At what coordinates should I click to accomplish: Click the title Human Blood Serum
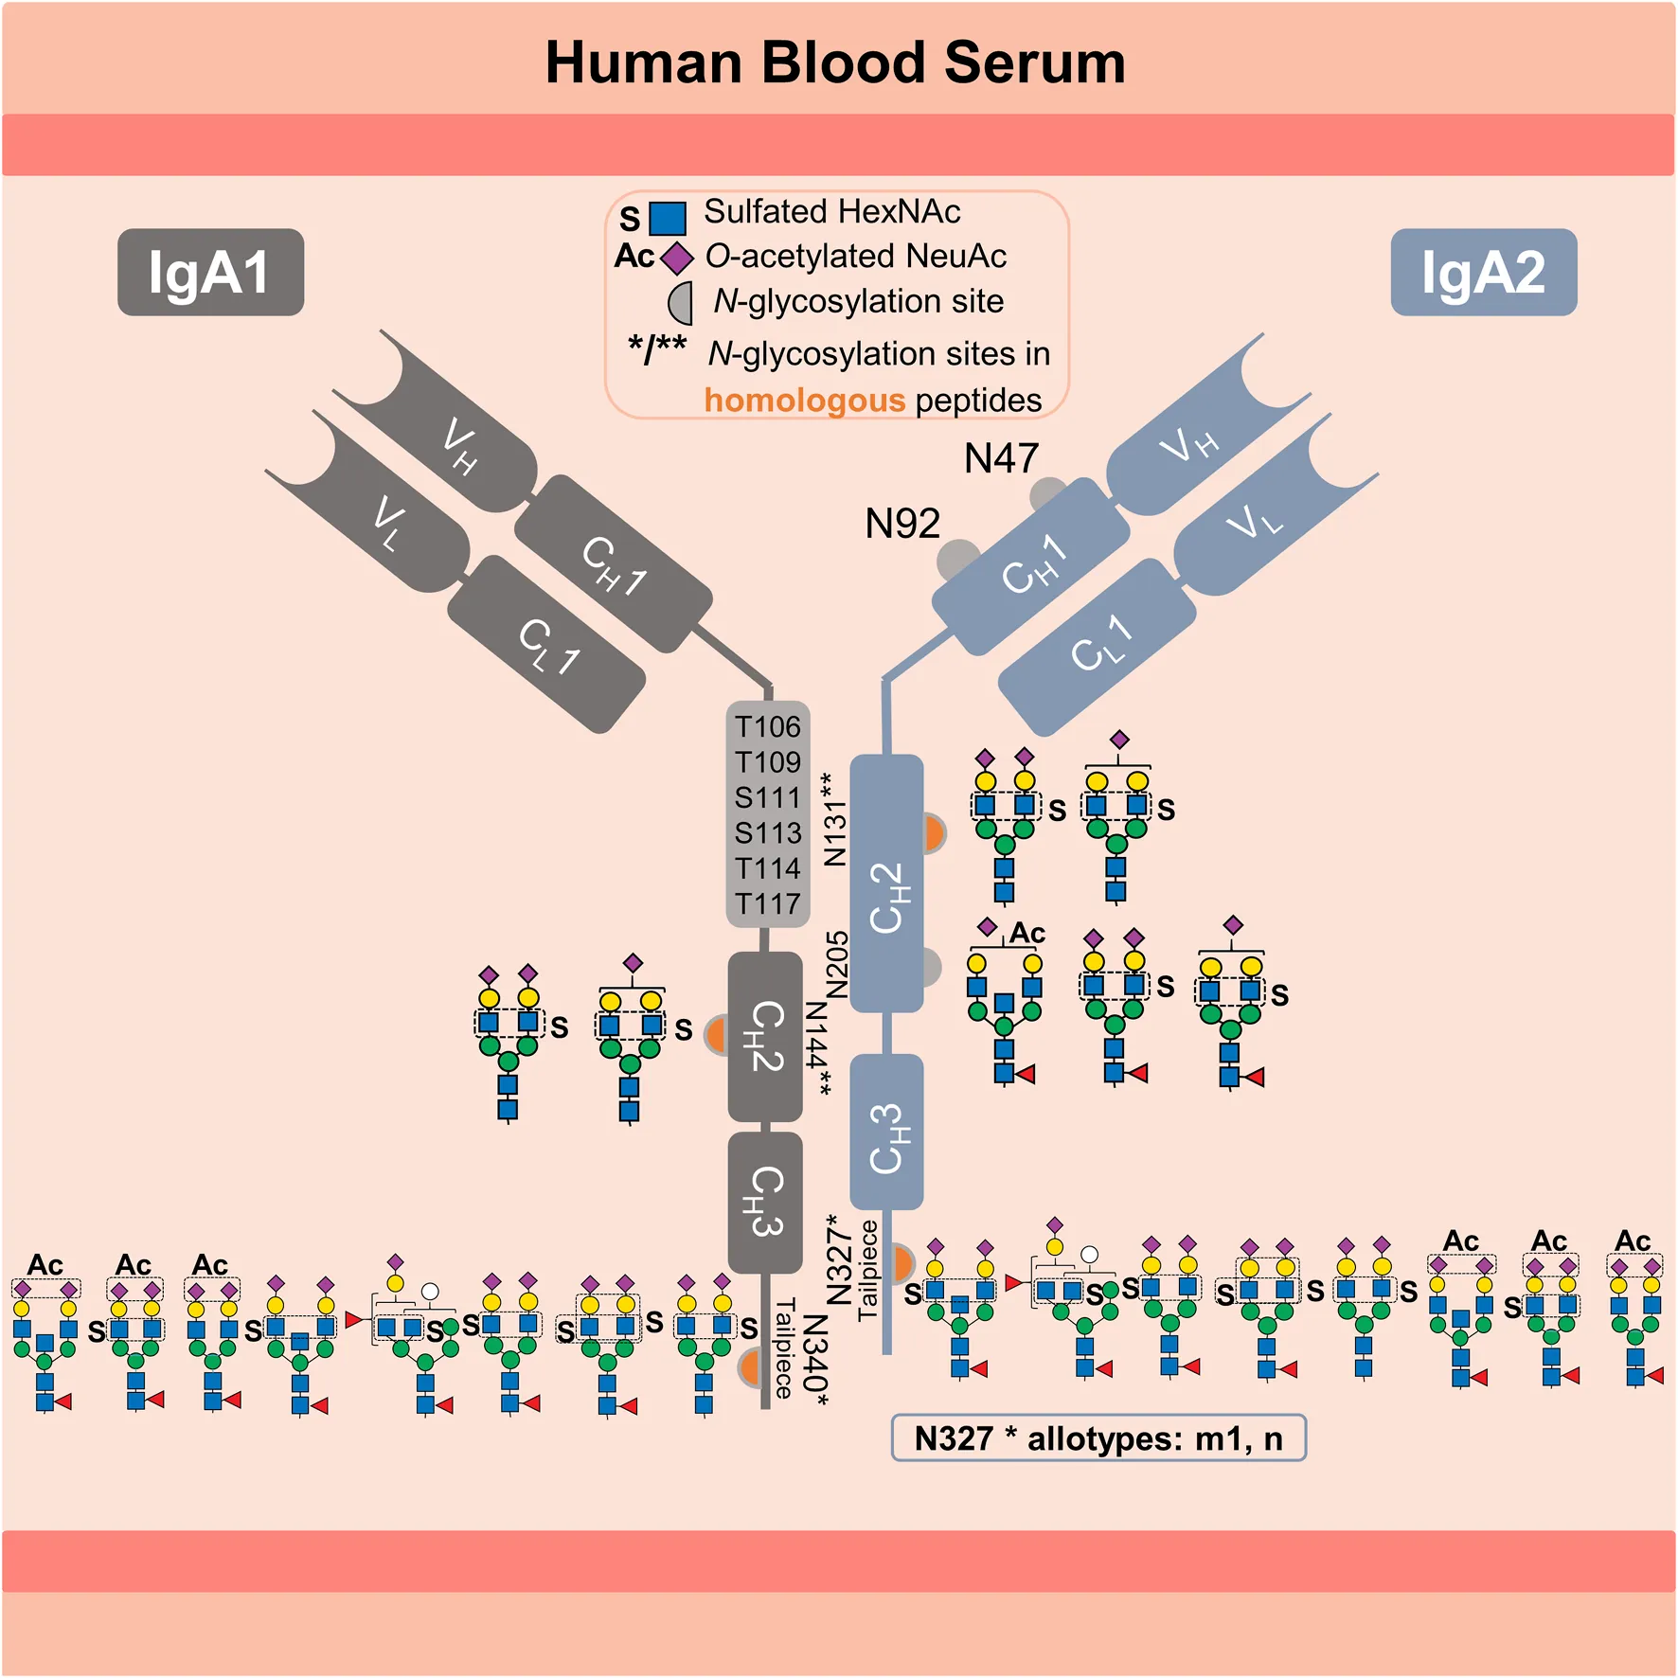835,62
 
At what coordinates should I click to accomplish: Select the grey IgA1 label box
210,273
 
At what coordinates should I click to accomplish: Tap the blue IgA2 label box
1483,273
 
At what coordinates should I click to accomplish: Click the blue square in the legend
669,219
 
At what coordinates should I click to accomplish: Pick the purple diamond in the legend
677,258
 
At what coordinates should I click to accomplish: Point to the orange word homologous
805,401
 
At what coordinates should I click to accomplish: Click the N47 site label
1001,459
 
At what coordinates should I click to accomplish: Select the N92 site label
902,524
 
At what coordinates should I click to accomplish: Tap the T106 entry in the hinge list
768,727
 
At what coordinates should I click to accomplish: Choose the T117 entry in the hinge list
768,904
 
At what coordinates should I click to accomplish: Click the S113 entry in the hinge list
768,833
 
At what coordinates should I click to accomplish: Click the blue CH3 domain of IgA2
887,1132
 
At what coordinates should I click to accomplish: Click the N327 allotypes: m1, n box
1098,1438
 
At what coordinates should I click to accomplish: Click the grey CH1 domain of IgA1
614,565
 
